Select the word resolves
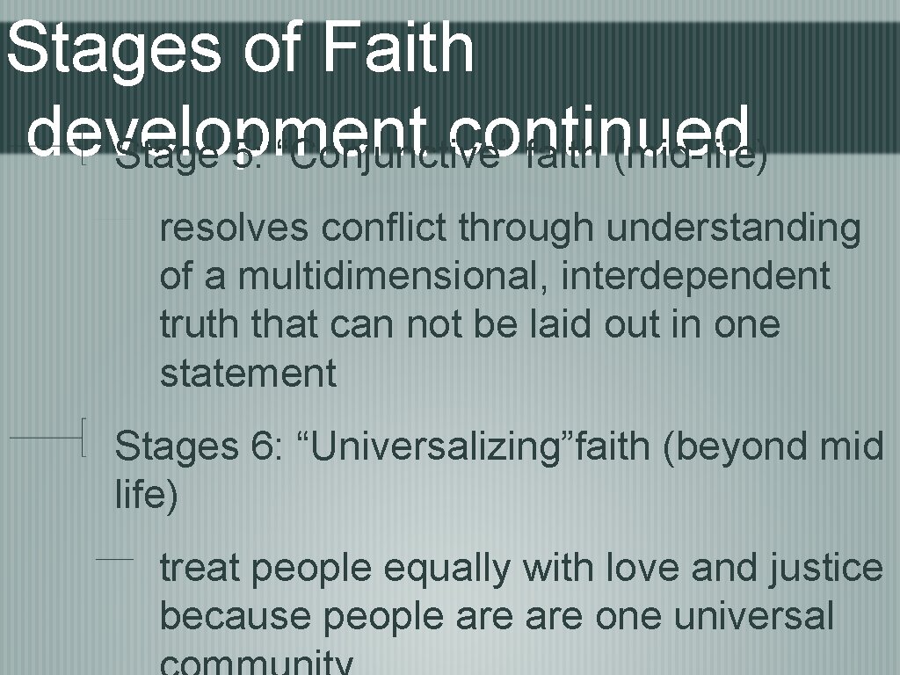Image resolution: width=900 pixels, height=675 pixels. click(x=234, y=228)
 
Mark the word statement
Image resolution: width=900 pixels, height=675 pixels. click(x=248, y=373)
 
